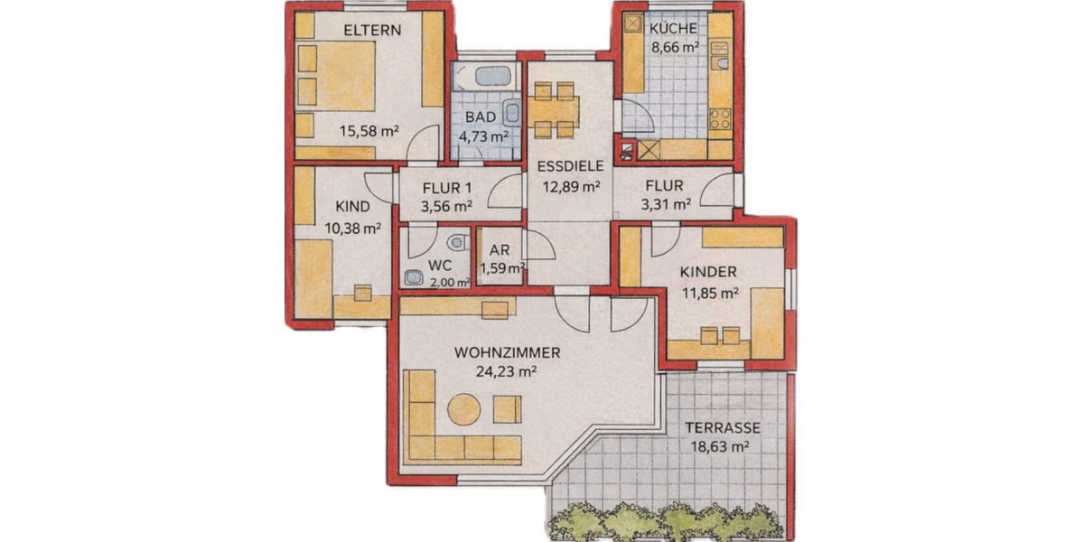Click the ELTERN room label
(371, 30)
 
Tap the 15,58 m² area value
(369, 130)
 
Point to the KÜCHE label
(674, 28)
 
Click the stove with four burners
(720, 119)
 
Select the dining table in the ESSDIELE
(553, 110)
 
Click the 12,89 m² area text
(571, 187)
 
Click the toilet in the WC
(459, 240)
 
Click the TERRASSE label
(722, 428)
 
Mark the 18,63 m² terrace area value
(722, 446)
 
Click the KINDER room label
(708, 272)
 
